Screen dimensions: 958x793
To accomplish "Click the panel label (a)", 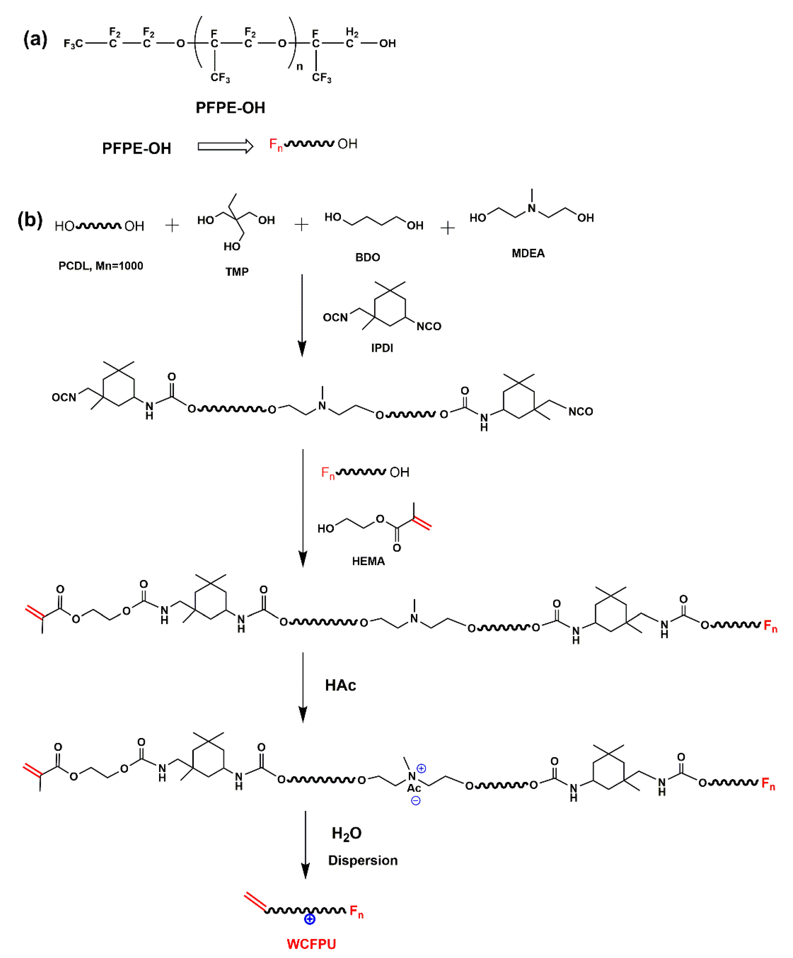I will click(x=35, y=40).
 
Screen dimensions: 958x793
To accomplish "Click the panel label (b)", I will click(x=30, y=220).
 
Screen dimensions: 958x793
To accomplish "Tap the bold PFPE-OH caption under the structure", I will click(x=230, y=108).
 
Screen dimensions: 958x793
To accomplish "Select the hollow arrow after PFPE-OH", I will click(x=225, y=146).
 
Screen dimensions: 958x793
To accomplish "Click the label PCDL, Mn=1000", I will click(x=101, y=266).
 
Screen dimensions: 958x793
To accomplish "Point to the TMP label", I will click(x=237, y=272).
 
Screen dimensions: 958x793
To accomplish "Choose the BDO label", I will click(x=367, y=257).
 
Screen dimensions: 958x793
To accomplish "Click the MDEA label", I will click(x=528, y=253).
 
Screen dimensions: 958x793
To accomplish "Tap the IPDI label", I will click(x=382, y=348).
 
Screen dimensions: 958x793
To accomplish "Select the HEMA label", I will click(x=368, y=561).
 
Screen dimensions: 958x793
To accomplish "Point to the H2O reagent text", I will click(x=346, y=834).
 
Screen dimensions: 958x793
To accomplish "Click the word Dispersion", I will click(x=363, y=860).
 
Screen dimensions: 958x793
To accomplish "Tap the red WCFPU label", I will click(x=311, y=944).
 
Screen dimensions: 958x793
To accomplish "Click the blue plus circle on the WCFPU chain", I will click(x=309, y=919).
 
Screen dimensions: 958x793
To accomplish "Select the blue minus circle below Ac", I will click(x=416, y=800).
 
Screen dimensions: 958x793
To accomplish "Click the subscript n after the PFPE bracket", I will click(x=299, y=67).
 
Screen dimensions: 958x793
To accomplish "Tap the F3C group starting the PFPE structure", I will click(x=73, y=44).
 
